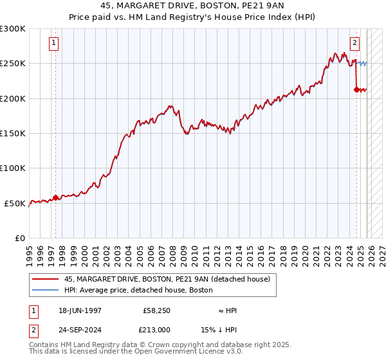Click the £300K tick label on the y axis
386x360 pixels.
pyautogui.click(x=13, y=29)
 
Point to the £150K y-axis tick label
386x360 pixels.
pyautogui.click(x=13, y=134)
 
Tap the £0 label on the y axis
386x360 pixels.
pyautogui.click(x=19, y=238)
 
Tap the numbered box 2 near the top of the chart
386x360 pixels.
pyautogui.click(x=354, y=44)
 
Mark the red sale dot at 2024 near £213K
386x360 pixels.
pyautogui.click(x=356, y=90)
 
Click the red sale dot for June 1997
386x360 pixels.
pyautogui.click(x=55, y=197)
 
